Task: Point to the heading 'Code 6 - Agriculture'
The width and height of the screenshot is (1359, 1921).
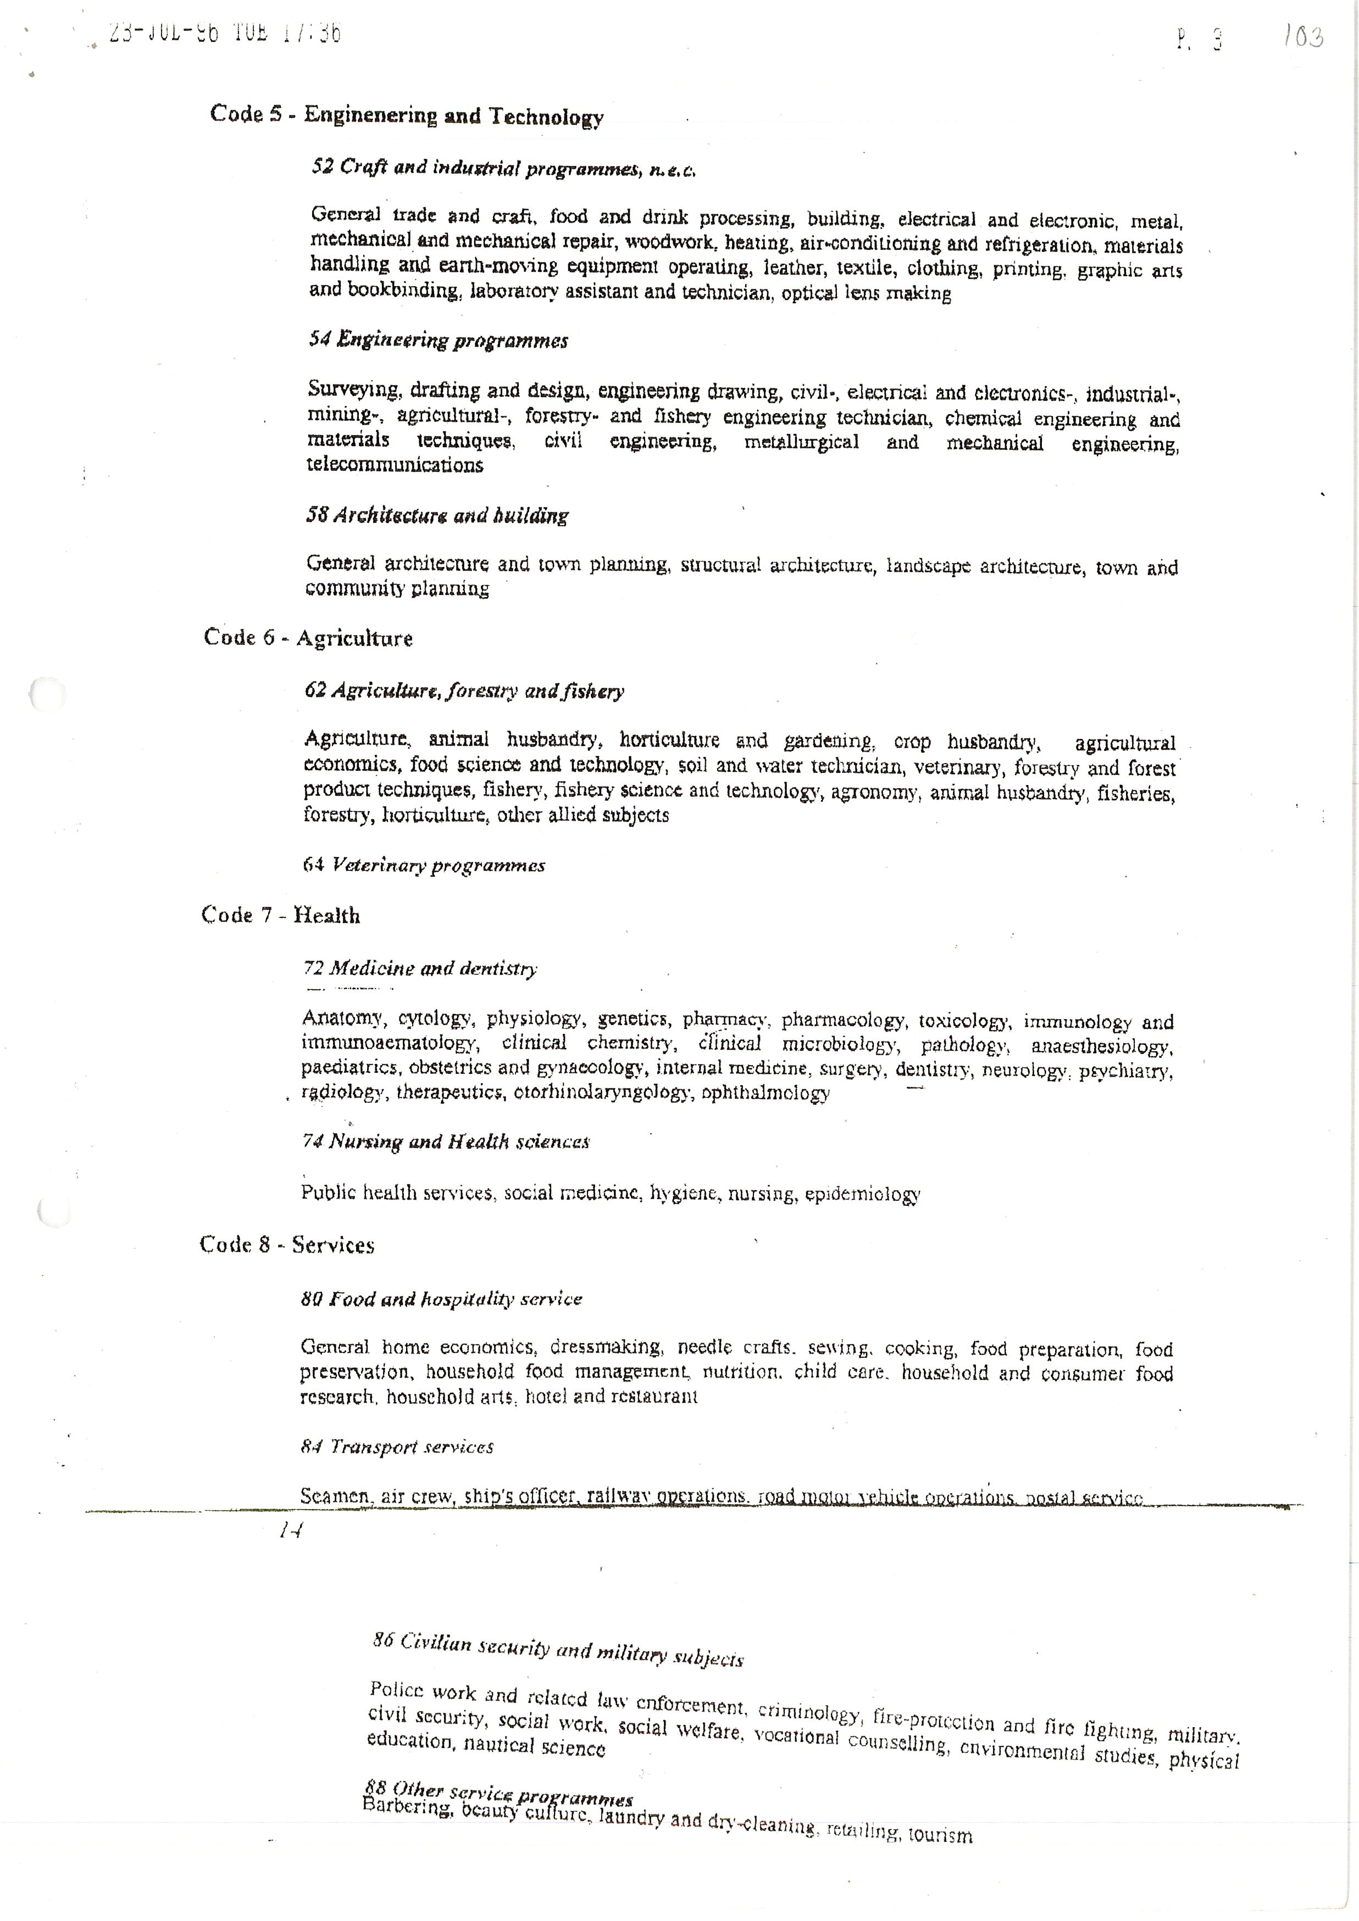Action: (x=308, y=638)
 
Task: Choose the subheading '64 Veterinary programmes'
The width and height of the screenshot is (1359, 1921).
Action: (x=424, y=865)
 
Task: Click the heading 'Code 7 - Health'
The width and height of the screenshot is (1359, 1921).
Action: (x=280, y=915)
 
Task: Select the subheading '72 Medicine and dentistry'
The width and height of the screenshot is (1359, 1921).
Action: (x=420, y=969)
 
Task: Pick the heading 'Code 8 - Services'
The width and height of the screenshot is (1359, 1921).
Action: (x=286, y=1245)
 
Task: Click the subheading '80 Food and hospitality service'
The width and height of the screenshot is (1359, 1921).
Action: (x=441, y=1299)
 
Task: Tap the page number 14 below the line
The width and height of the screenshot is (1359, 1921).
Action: (x=290, y=1530)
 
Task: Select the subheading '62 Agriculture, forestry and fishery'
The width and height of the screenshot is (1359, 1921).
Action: (x=464, y=691)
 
